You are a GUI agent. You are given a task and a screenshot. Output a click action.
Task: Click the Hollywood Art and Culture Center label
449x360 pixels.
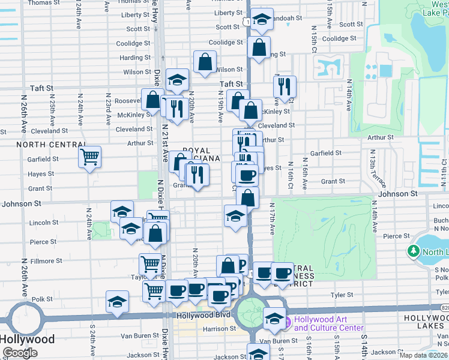(328, 324)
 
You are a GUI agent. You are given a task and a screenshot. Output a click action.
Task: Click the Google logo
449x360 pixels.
(20, 352)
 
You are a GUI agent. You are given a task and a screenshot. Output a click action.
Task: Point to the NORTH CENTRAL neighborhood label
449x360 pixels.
(51, 145)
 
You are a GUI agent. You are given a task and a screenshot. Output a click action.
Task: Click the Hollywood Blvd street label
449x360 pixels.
(203, 315)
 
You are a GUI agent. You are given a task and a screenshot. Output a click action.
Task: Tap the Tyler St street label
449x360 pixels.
(342, 295)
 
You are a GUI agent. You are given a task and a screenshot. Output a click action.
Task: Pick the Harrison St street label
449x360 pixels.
(219, 329)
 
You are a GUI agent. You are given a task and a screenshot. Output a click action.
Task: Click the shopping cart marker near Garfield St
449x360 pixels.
(89, 157)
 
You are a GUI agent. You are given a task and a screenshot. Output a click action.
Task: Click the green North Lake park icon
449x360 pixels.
(414, 251)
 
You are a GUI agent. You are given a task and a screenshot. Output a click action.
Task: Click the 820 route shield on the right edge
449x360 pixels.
(444, 307)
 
